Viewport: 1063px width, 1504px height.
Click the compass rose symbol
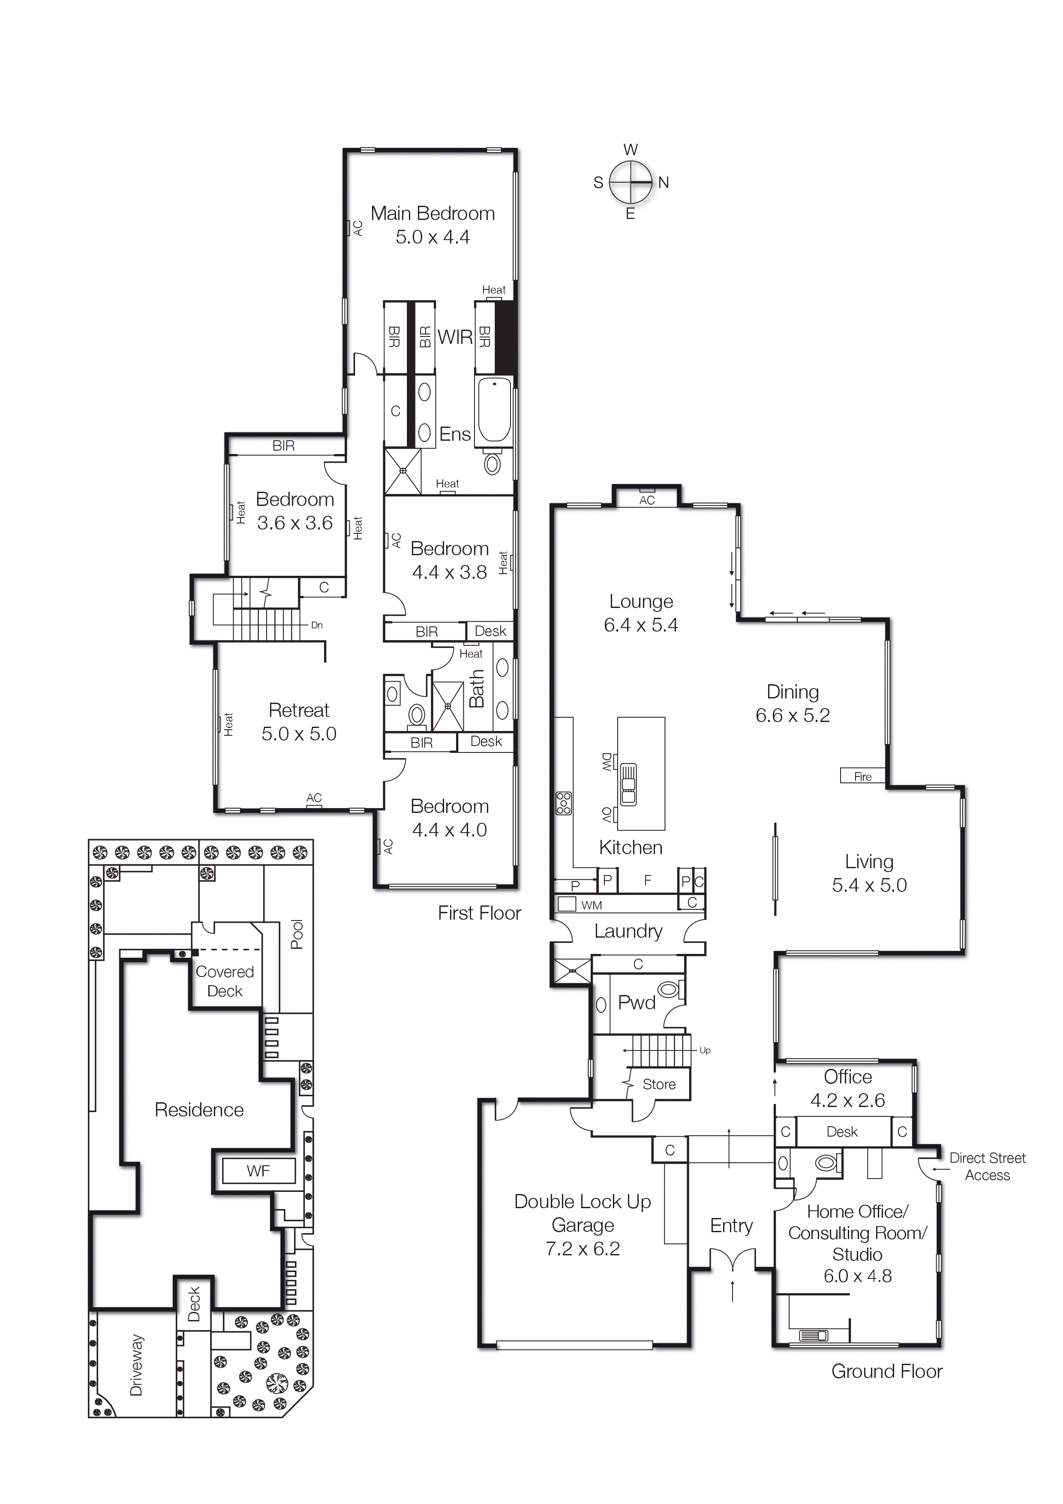tap(631, 182)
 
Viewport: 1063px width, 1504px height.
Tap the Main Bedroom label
tap(432, 214)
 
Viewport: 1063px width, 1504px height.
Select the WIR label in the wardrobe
tap(454, 337)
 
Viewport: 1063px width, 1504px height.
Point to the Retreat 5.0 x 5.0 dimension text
tap(299, 734)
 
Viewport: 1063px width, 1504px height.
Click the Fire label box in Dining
tap(862, 776)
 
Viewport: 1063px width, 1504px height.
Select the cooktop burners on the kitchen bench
tap(563, 803)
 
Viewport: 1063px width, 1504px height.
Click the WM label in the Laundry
tap(592, 905)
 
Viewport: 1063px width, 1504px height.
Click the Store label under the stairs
tap(659, 1084)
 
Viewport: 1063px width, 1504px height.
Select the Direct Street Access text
tap(987, 1166)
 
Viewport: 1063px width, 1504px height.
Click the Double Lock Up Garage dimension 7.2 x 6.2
tap(582, 1248)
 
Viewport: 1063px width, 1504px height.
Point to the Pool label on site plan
tap(297, 934)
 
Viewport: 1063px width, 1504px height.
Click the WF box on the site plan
tap(258, 1170)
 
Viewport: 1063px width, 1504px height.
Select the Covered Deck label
tap(225, 981)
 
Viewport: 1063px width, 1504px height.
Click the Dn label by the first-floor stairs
tap(316, 625)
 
